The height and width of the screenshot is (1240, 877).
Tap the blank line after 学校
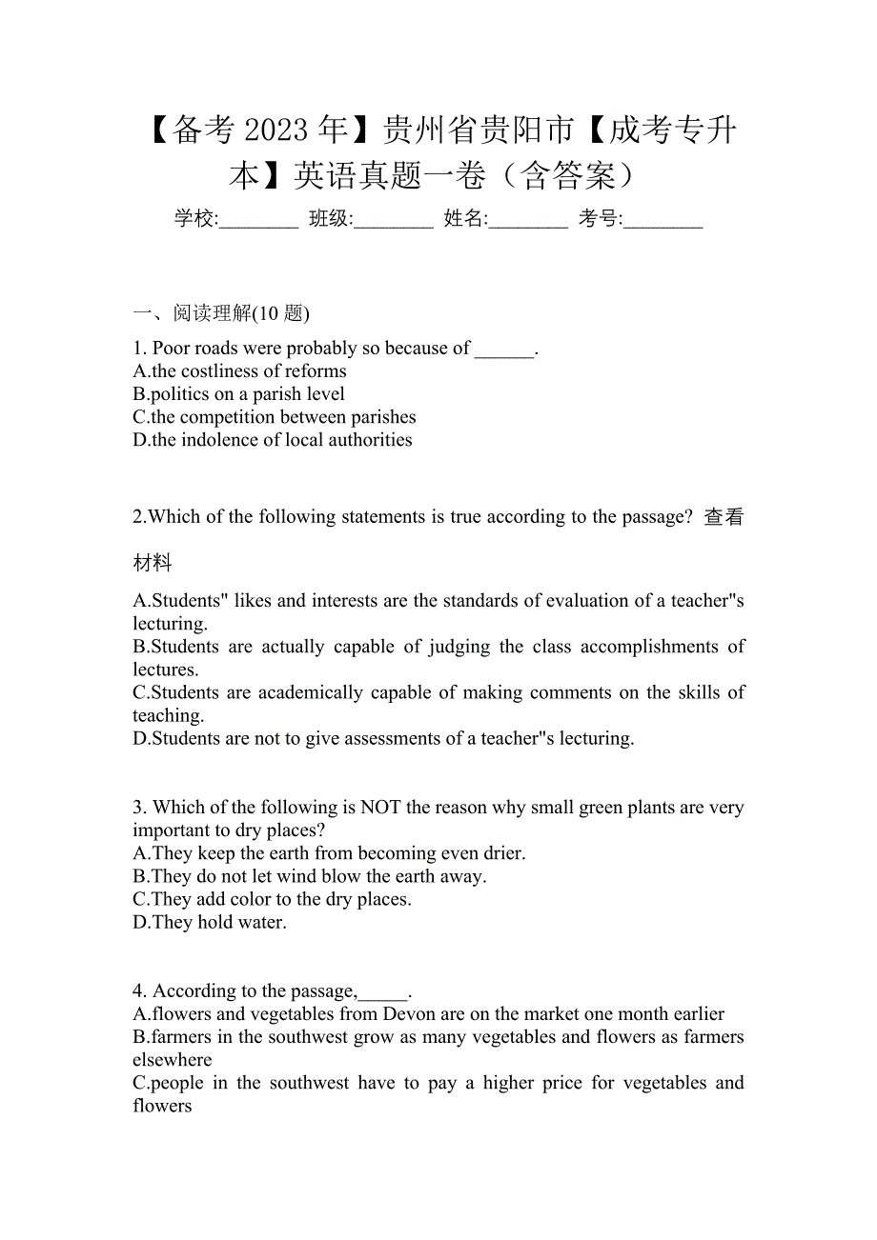coord(258,222)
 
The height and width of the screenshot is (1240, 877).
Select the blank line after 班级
coord(393,222)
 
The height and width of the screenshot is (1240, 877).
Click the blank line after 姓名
coord(528,222)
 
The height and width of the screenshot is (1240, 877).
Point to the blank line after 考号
coord(663,222)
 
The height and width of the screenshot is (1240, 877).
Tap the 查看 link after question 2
coord(724,517)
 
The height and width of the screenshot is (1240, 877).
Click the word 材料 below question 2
coord(153,564)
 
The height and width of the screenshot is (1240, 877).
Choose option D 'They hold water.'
coord(210,923)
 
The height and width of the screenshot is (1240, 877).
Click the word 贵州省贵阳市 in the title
coord(478,130)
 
